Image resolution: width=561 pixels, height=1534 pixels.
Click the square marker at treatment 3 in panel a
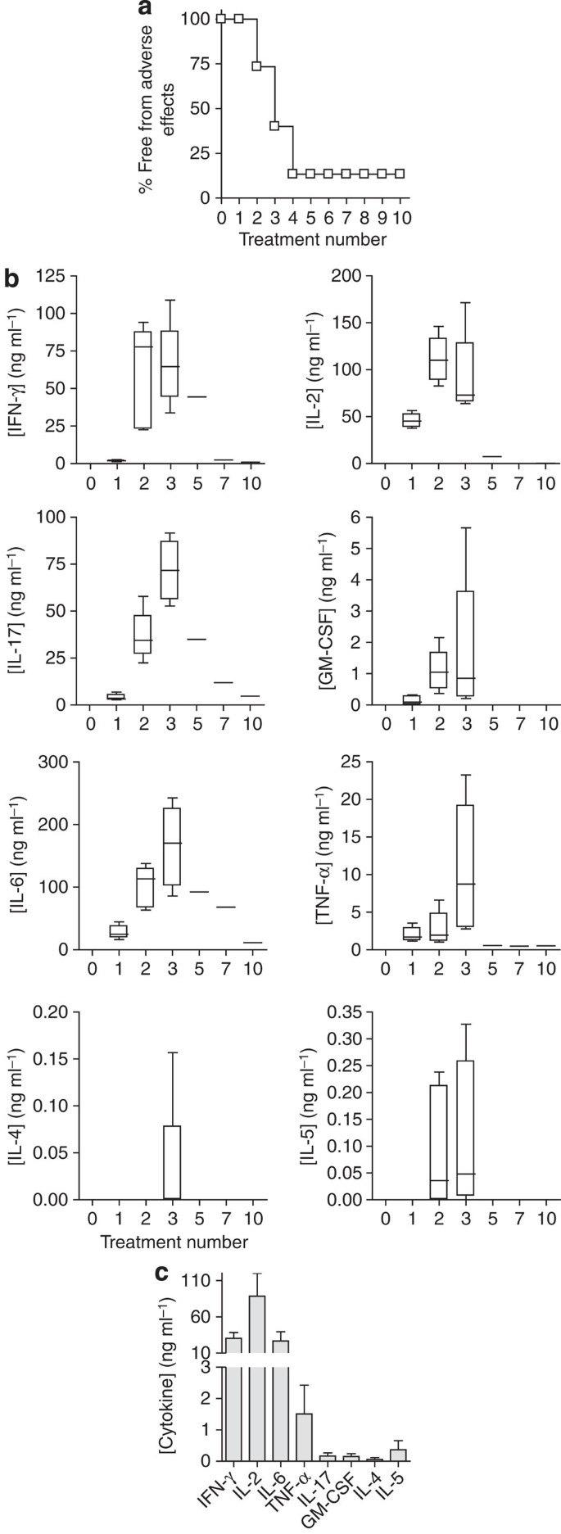[275, 125]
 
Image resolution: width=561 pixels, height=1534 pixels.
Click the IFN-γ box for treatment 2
[144, 380]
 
